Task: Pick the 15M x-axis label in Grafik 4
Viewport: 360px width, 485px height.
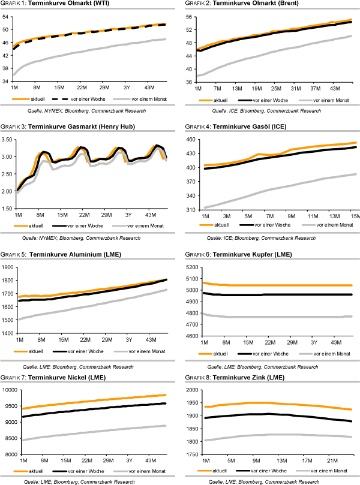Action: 353,215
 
